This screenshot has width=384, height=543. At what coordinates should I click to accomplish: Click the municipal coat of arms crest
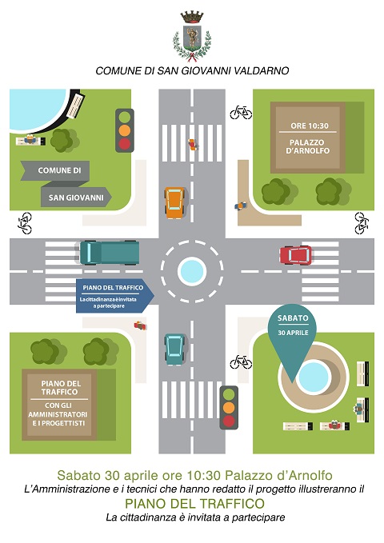click(192, 36)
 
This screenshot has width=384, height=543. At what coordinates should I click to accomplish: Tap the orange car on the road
click(174, 202)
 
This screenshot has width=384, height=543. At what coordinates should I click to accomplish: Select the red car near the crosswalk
click(296, 255)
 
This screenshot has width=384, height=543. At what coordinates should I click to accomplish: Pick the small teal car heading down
click(174, 349)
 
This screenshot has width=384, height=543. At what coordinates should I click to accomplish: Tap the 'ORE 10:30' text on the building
click(309, 126)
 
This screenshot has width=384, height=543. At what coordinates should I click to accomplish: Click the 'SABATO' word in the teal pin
click(293, 318)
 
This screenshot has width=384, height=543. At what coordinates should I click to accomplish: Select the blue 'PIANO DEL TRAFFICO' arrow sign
click(114, 296)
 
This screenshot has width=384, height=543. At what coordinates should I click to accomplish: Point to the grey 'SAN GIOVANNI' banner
click(76, 198)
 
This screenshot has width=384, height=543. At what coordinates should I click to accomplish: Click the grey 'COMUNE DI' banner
click(55, 170)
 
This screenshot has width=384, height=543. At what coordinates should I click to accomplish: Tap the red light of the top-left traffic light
click(125, 144)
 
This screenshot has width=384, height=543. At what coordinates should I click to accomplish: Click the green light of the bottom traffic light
click(229, 394)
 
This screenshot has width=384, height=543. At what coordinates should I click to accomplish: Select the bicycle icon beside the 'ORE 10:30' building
click(241, 113)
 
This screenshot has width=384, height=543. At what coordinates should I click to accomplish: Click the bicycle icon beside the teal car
click(241, 362)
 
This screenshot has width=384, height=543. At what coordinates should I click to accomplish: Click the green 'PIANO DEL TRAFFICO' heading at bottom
click(194, 503)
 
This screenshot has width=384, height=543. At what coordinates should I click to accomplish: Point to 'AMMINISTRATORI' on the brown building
click(58, 414)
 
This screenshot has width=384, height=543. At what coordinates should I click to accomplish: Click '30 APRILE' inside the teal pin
click(293, 333)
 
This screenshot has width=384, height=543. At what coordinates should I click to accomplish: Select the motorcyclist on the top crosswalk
click(192, 145)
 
